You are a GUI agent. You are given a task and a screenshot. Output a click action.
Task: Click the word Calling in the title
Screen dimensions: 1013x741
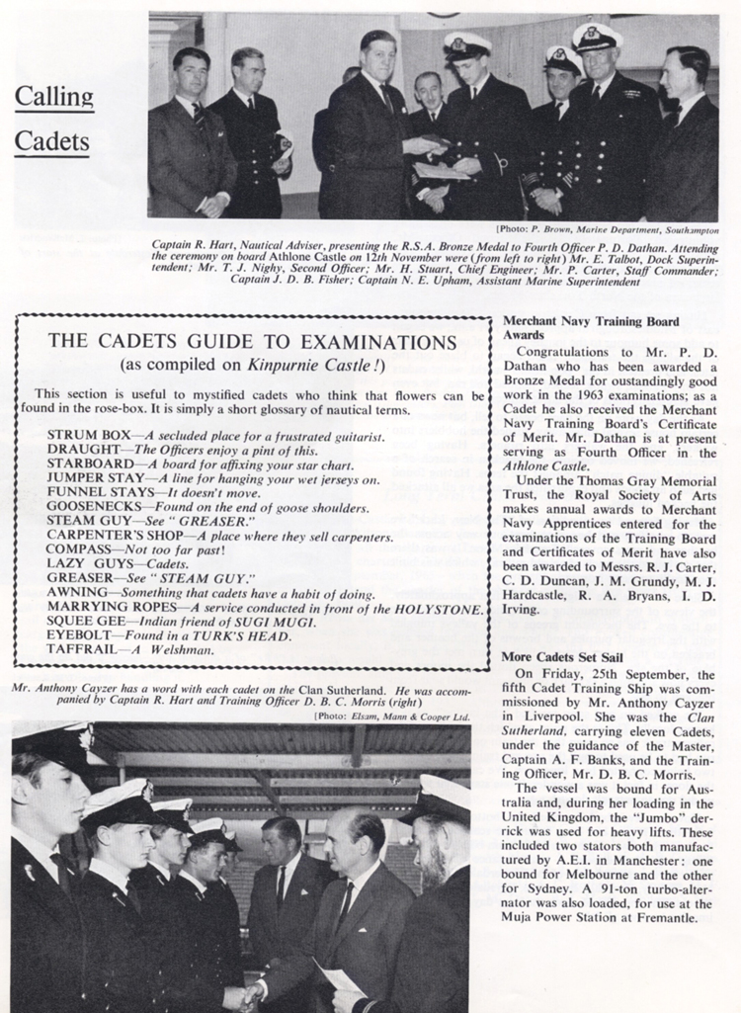tap(53, 98)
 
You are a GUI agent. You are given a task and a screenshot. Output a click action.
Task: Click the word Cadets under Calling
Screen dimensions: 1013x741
tap(52, 141)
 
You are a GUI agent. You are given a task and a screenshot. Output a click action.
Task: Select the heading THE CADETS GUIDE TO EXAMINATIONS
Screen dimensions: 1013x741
tap(252, 342)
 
